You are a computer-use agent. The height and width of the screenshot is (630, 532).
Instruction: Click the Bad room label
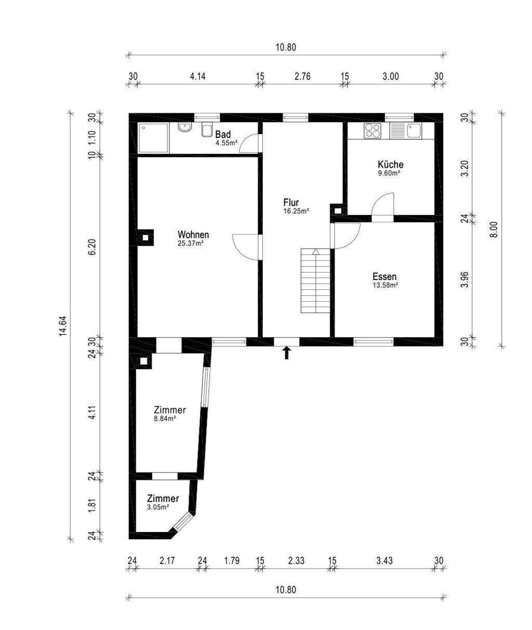click(x=223, y=134)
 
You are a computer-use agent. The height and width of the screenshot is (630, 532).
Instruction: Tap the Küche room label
click(x=391, y=165)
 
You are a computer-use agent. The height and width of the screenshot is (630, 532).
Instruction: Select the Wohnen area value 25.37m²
click(x=191, y=244)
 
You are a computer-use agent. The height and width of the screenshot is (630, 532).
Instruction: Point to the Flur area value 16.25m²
click(x=296, y=211)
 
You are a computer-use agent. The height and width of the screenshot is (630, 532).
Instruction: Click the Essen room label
click(x=384, y=277)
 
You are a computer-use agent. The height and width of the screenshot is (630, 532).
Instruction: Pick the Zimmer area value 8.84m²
click(x=165, y=419)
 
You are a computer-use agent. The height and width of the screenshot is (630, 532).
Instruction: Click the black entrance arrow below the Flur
click(x=287, y=353)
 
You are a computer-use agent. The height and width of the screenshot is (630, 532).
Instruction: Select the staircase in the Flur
click(x=315, y=281)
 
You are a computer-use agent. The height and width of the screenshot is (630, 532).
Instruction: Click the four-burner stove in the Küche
click(x=372, y=131)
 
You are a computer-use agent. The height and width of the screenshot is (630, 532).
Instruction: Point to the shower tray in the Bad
click(x=154, y=138)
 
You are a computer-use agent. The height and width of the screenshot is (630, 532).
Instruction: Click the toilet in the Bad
click(x=207, y=130)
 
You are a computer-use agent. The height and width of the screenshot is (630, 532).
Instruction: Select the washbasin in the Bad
click(x=184, y=127)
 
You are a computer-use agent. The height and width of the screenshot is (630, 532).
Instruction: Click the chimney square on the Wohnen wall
click(x=145, y=237)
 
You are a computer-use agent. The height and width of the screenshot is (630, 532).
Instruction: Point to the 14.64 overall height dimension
click(x=63, y=326)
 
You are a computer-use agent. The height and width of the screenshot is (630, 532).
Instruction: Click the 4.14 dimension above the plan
click(x=197, y=77)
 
